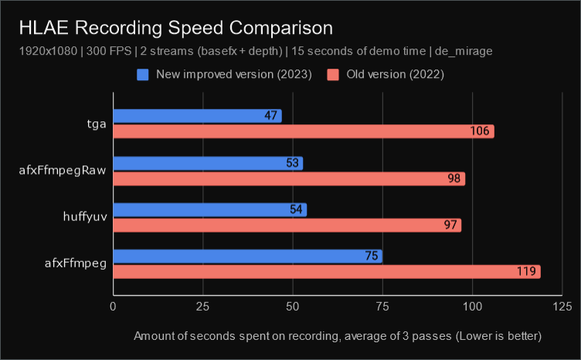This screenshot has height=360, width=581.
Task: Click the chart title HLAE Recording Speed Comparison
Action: click(177, 28)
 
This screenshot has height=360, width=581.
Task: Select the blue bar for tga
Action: click(197, 116)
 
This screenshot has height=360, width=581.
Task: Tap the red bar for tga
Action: click(303, 131)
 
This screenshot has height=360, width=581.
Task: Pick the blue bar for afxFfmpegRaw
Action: click(208, 163)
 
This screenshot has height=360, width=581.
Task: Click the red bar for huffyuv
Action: click(287, 226)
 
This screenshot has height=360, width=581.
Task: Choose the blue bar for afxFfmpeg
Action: click(247, 256)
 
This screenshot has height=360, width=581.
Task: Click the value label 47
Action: click(270, 116)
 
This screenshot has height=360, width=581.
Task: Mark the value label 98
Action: click(453, 178)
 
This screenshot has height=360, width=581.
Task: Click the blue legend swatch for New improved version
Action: click(143, 75)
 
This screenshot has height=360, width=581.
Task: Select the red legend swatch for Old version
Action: click(333, 75)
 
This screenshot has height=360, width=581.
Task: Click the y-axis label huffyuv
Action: click(86, 217)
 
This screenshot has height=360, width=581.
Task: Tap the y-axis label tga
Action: click(97, 123)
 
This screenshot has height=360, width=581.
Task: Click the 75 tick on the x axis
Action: click(382, 307)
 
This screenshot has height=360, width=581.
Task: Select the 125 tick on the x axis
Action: click(562, 307)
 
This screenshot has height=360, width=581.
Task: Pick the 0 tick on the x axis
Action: click(114, 307)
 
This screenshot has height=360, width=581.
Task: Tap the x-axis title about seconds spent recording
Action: click(338, 336)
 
